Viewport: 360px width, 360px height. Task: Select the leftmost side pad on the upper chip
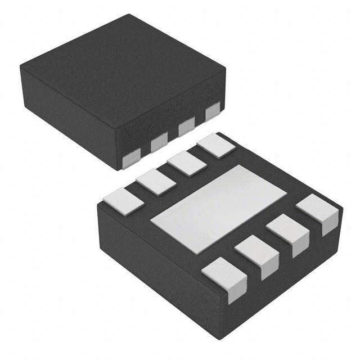click(x=131, y=160)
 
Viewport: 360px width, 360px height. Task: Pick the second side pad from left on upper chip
click(x=159, y=144)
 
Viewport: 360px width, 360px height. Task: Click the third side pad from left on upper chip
click(x=186, y=128)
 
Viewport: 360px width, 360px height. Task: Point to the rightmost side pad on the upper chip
click(x=212, y=112)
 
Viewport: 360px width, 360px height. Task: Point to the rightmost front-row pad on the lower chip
click(x=316, y=211)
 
